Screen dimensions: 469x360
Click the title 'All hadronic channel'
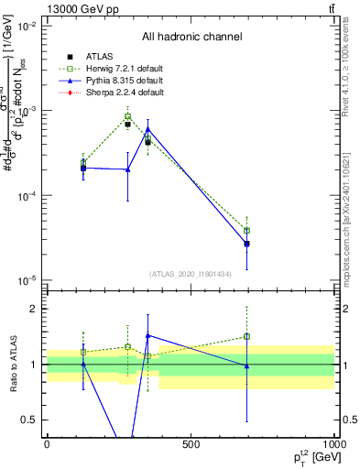point(191,37)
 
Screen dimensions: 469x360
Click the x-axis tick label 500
point(191,445)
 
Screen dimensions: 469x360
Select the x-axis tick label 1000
point(333,445)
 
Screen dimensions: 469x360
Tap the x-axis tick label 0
point(48,445)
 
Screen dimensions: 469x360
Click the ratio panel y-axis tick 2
point(33,309)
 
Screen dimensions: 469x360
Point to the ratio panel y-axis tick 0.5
point(29,420)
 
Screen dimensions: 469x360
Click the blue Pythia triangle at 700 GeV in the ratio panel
point(246,366)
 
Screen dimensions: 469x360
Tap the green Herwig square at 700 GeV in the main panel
point(246,231)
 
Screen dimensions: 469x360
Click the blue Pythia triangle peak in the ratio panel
point(147,336)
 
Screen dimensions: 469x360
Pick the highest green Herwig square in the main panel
point(128,117)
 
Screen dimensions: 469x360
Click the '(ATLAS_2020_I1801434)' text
point(191,274)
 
